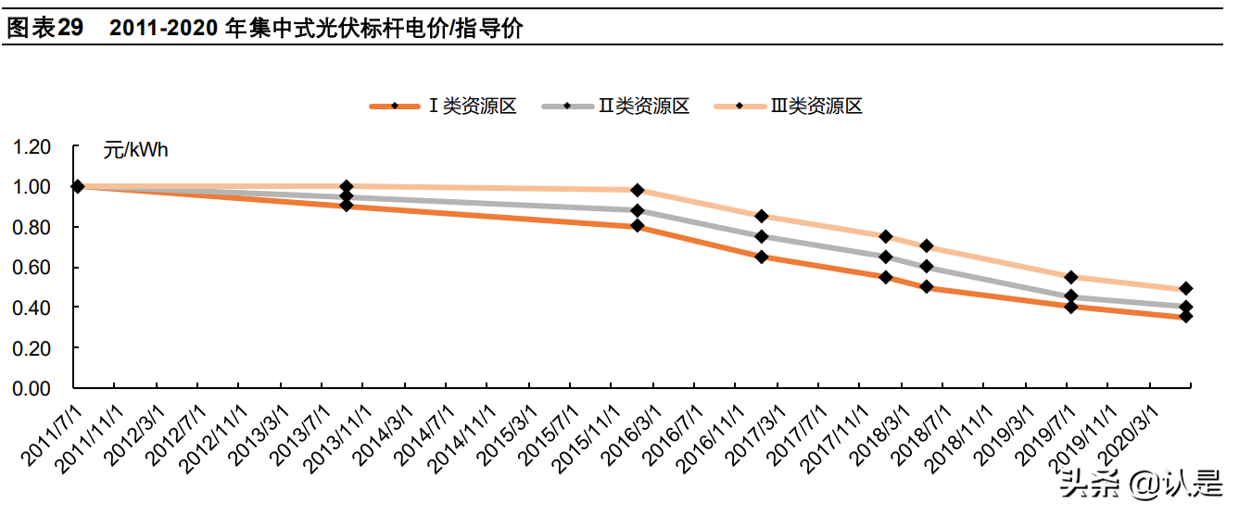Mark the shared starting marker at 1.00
pyautogui.click(x=78, y=186)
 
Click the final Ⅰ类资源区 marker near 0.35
pyautogui.click(x=1185, y=317)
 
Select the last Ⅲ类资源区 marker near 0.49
pyautogui.click(x=1185, y=289)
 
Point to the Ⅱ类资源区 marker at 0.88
pyautogui.click(x=638, y=210)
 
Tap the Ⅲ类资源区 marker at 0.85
pyautogui.click(x=762, y=216)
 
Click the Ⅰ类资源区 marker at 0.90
pyautogui.click(x=347, y=206)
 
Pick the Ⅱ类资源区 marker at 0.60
pyautogui.click(x=926, y=266)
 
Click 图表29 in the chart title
pyautogui.click(x=44, y=29)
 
